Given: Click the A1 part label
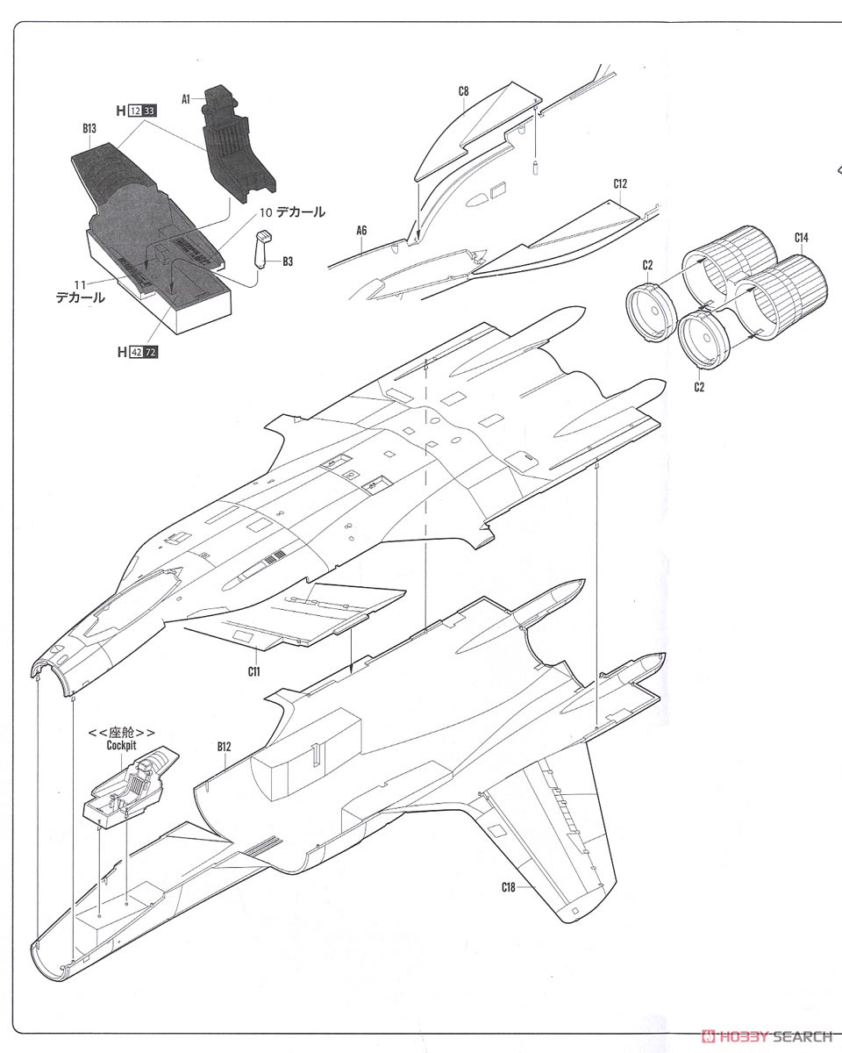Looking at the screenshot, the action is [185, 99].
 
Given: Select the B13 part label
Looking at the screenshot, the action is [89, 129].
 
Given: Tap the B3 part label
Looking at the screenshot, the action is [288, 261].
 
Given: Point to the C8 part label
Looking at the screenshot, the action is [463, 91].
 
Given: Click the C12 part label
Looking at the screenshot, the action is [620, 184].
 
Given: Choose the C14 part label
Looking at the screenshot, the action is [801, 238].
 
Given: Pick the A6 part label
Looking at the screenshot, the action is [361, 231].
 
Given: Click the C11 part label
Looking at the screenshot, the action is [253, 672].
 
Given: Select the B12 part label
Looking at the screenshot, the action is [224, 747].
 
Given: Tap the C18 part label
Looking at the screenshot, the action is [509, 887].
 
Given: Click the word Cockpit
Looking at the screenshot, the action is [121, 745].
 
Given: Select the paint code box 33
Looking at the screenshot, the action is [149, 111].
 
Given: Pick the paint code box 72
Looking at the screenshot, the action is [151, 352].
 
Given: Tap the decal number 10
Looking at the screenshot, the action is [265, 212].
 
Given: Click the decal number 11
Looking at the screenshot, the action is [80, 285].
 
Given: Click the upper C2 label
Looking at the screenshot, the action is [647, 265].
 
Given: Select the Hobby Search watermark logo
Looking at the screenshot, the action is [767, 1036].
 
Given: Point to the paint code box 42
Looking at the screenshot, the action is [137, 352].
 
